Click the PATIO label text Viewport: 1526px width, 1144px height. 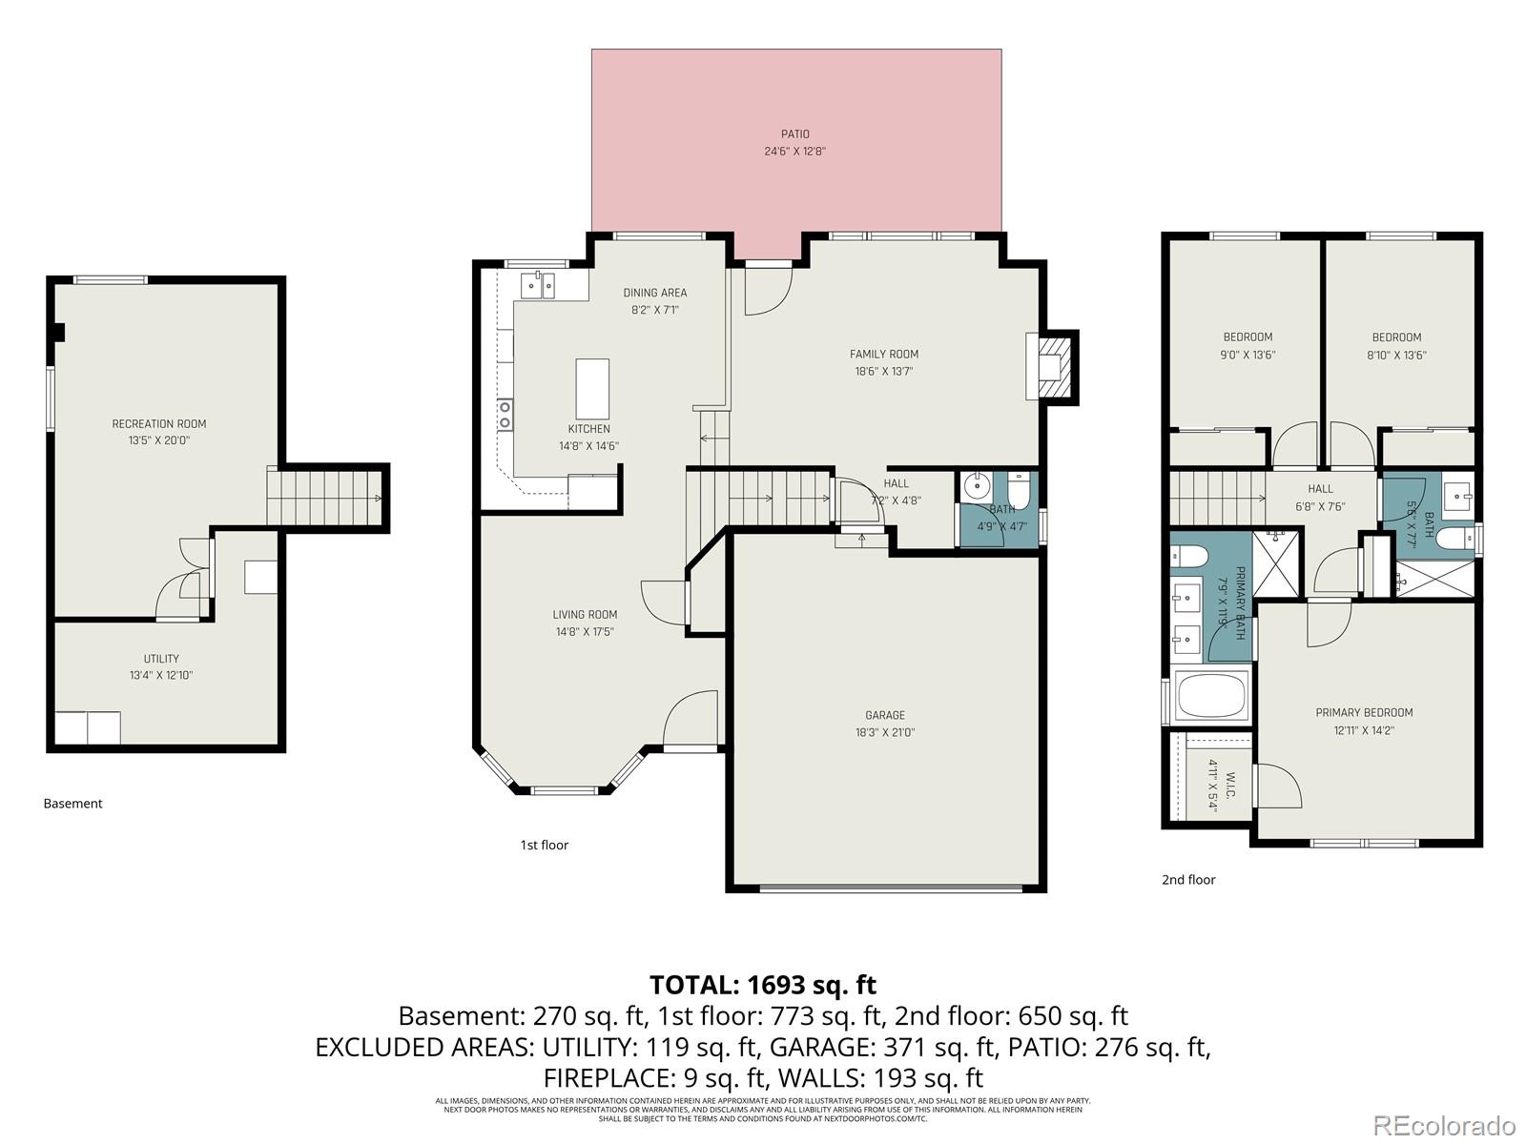[x=794, y=134]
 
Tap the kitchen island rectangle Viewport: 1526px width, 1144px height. [x=592, y=389]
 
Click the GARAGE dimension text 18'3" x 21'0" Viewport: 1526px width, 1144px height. [x=884, y=732]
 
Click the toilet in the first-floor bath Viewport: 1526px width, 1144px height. [x=1020, y=489]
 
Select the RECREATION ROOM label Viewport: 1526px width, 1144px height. [x=158, y=423]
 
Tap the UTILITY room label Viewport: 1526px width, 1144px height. [x=161, y=659]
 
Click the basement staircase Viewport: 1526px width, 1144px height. [x=322, y=497]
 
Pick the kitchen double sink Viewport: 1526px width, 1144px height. [x=539, y=285]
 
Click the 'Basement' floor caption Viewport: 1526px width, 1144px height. [x=72, y=804]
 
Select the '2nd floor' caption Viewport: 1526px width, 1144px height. [x=1187, y=880]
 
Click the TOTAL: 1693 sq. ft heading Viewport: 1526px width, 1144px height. [x=762, y=984]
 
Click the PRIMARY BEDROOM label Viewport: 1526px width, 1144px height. [x=1363, y=712]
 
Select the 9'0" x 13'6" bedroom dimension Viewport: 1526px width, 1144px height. [x=1248, y=355]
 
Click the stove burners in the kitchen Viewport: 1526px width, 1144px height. [x=505, y=415]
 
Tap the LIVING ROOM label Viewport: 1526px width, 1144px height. [x=585, y=615]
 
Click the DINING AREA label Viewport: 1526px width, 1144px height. [x=654, y=293]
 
